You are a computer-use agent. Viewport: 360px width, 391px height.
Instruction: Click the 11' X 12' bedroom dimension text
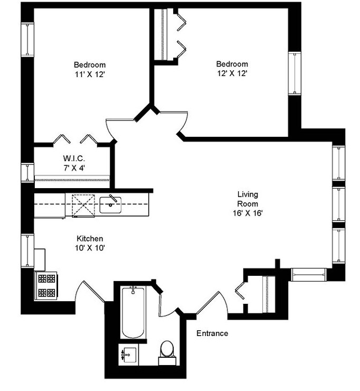point(90,75)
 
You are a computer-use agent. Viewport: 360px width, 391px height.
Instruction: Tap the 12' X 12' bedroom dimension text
point(232,73)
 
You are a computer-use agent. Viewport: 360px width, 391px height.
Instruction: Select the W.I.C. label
point(73,159)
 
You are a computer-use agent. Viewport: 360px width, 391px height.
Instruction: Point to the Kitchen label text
point(90,239)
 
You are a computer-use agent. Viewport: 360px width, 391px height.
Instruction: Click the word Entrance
point(212,333)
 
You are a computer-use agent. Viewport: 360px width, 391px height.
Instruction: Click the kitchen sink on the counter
point(110,204)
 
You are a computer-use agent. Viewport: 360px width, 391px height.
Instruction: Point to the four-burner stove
point(45,286)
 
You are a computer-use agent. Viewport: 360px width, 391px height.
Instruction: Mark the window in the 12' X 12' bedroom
point(294,73)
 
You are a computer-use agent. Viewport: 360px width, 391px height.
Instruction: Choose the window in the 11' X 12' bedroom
point(27,40)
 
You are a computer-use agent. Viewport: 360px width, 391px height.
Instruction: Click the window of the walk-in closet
point(27,173)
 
